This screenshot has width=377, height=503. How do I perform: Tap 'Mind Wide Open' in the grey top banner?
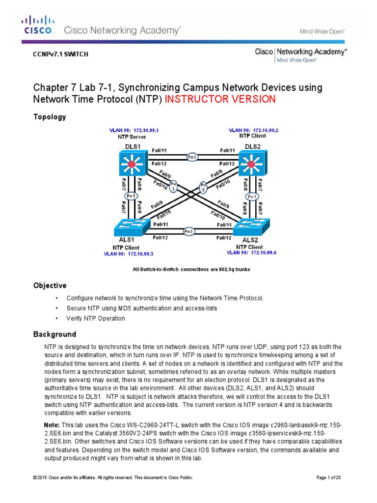click(x=322, y=30)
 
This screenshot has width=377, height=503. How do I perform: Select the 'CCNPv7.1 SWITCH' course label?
click(x=60, y=55)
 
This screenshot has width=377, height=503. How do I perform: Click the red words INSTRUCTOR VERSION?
click(x=220, y=100)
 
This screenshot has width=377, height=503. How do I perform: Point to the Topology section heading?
click(x=50, y=117)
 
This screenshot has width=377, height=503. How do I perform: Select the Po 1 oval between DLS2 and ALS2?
click(x=252, y=196)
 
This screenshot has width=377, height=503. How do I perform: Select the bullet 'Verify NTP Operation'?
click(x=96, y=318)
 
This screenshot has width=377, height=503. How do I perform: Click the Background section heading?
click(x=54, y=335)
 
